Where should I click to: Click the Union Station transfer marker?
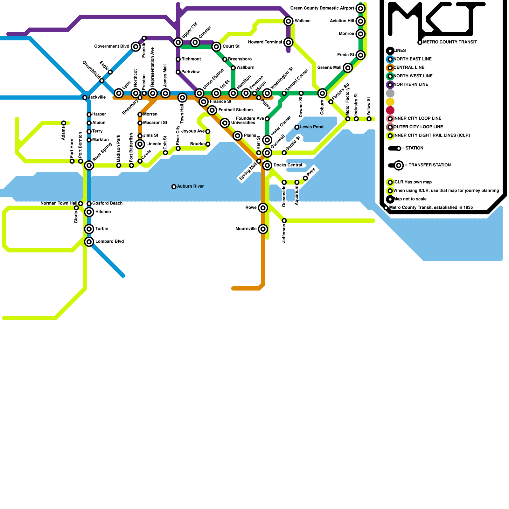point(199,93)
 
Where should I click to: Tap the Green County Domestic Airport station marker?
point(360,8)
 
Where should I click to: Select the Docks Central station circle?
point(267,165)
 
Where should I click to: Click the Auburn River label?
point(190,186)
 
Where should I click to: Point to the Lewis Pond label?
point(311,127)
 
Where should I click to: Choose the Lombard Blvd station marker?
point(89,242)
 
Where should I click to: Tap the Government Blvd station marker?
point(136,47)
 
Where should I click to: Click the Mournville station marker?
point(263,229)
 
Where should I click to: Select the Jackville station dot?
point(85,98)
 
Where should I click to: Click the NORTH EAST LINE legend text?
point(412,59)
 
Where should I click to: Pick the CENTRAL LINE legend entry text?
point(409,67)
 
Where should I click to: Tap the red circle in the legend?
point(390,110)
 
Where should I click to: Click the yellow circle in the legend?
point(390,102)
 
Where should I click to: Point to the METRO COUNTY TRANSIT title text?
point(450,42)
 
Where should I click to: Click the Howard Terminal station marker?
point(289,42)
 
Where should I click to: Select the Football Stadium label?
point(235,110)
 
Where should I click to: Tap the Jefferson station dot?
point(284,221)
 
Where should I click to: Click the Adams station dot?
point(64,123)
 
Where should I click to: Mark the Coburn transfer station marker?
point(322,93)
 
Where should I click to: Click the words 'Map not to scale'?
point(410,199)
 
